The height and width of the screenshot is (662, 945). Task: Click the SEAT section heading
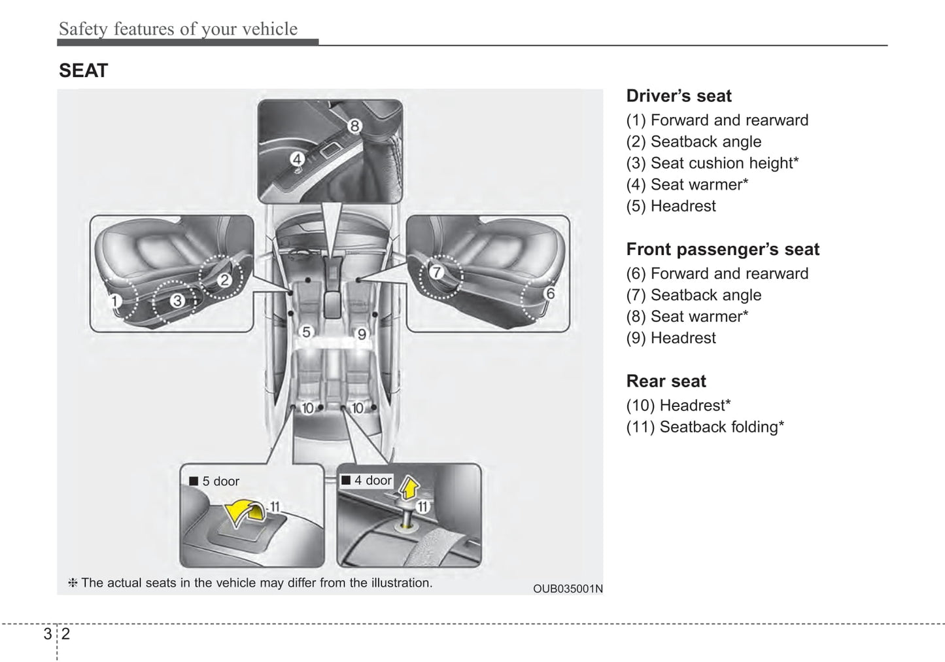83,71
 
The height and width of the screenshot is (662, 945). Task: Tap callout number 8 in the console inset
354,126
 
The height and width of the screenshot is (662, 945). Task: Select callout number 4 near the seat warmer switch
297,159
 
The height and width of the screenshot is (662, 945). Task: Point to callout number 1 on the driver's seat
114,302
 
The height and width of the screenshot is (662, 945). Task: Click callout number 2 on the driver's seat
224,281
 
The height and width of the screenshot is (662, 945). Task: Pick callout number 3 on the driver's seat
177,301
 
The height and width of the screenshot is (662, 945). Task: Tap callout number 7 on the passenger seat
436,271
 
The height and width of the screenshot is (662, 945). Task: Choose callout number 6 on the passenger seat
550,294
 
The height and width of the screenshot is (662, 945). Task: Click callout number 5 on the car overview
306,333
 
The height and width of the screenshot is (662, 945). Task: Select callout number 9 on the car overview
362,334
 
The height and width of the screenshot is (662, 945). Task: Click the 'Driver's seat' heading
679,96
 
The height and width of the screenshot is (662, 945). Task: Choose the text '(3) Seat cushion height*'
712,163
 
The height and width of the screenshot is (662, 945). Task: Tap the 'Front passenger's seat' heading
723,249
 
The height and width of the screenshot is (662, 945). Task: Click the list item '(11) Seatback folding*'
705,427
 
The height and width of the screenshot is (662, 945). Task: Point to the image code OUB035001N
568,589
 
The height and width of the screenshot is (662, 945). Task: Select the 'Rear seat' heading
666,381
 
